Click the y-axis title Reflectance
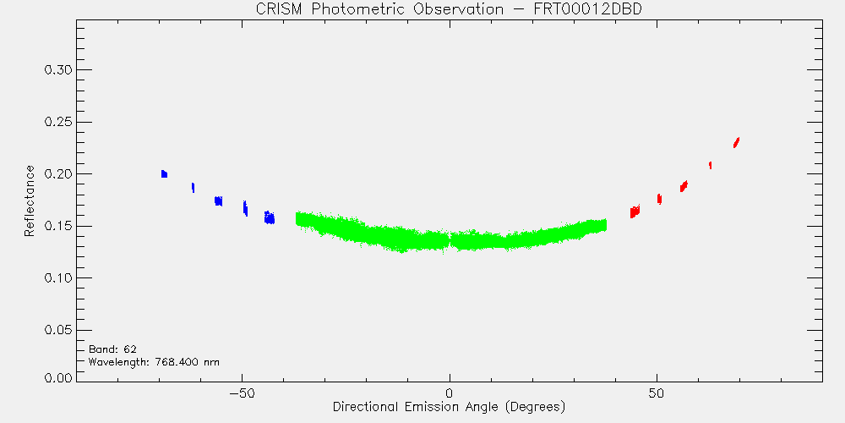point(30,201)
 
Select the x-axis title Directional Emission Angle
point(449,406)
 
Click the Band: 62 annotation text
point(112,349)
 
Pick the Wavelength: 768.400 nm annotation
point(154,362)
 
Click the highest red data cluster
point(736,142)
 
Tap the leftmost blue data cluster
point(165,173)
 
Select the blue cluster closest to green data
point(270,217)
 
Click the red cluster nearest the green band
point(635,211)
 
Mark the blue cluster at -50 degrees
point(245,208)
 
